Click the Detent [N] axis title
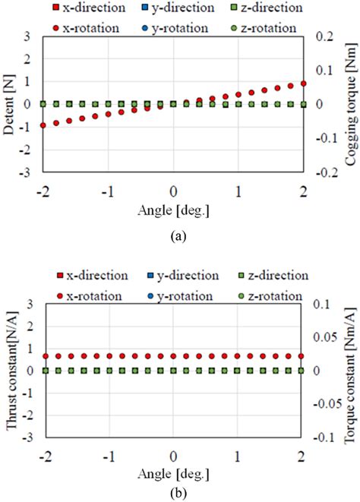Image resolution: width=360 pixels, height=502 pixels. coord(10,105)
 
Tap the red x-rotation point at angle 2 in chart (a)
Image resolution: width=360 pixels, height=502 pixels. coord(304,84)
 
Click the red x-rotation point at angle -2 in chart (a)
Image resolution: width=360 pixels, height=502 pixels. coord(43,125)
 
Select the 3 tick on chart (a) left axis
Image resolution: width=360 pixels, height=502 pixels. coord(29,36)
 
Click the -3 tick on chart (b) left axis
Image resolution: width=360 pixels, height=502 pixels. coord(27,417)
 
